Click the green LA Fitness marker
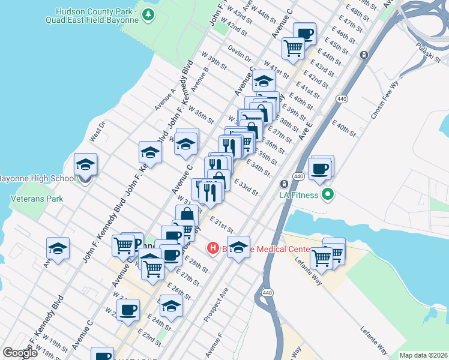(327, 194)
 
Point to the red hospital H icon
(212, 248)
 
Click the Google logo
(20, 353)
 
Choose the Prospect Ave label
(216, 304)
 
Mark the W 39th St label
(214, 60)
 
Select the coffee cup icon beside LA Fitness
(321, 169)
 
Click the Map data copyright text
(423, 355)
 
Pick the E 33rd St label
(246, 188)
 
